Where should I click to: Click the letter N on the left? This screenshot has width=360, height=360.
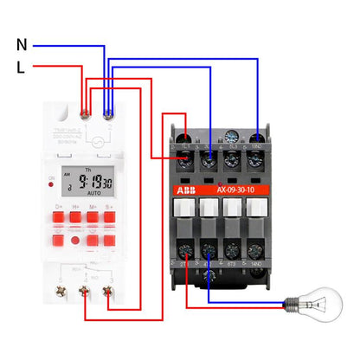pyautogui.click(x=22, y=43)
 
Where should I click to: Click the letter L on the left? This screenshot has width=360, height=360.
pyautogui.click(x=21, y=66)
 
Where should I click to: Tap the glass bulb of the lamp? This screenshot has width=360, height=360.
pyautogui.click(x=325, y=305)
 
